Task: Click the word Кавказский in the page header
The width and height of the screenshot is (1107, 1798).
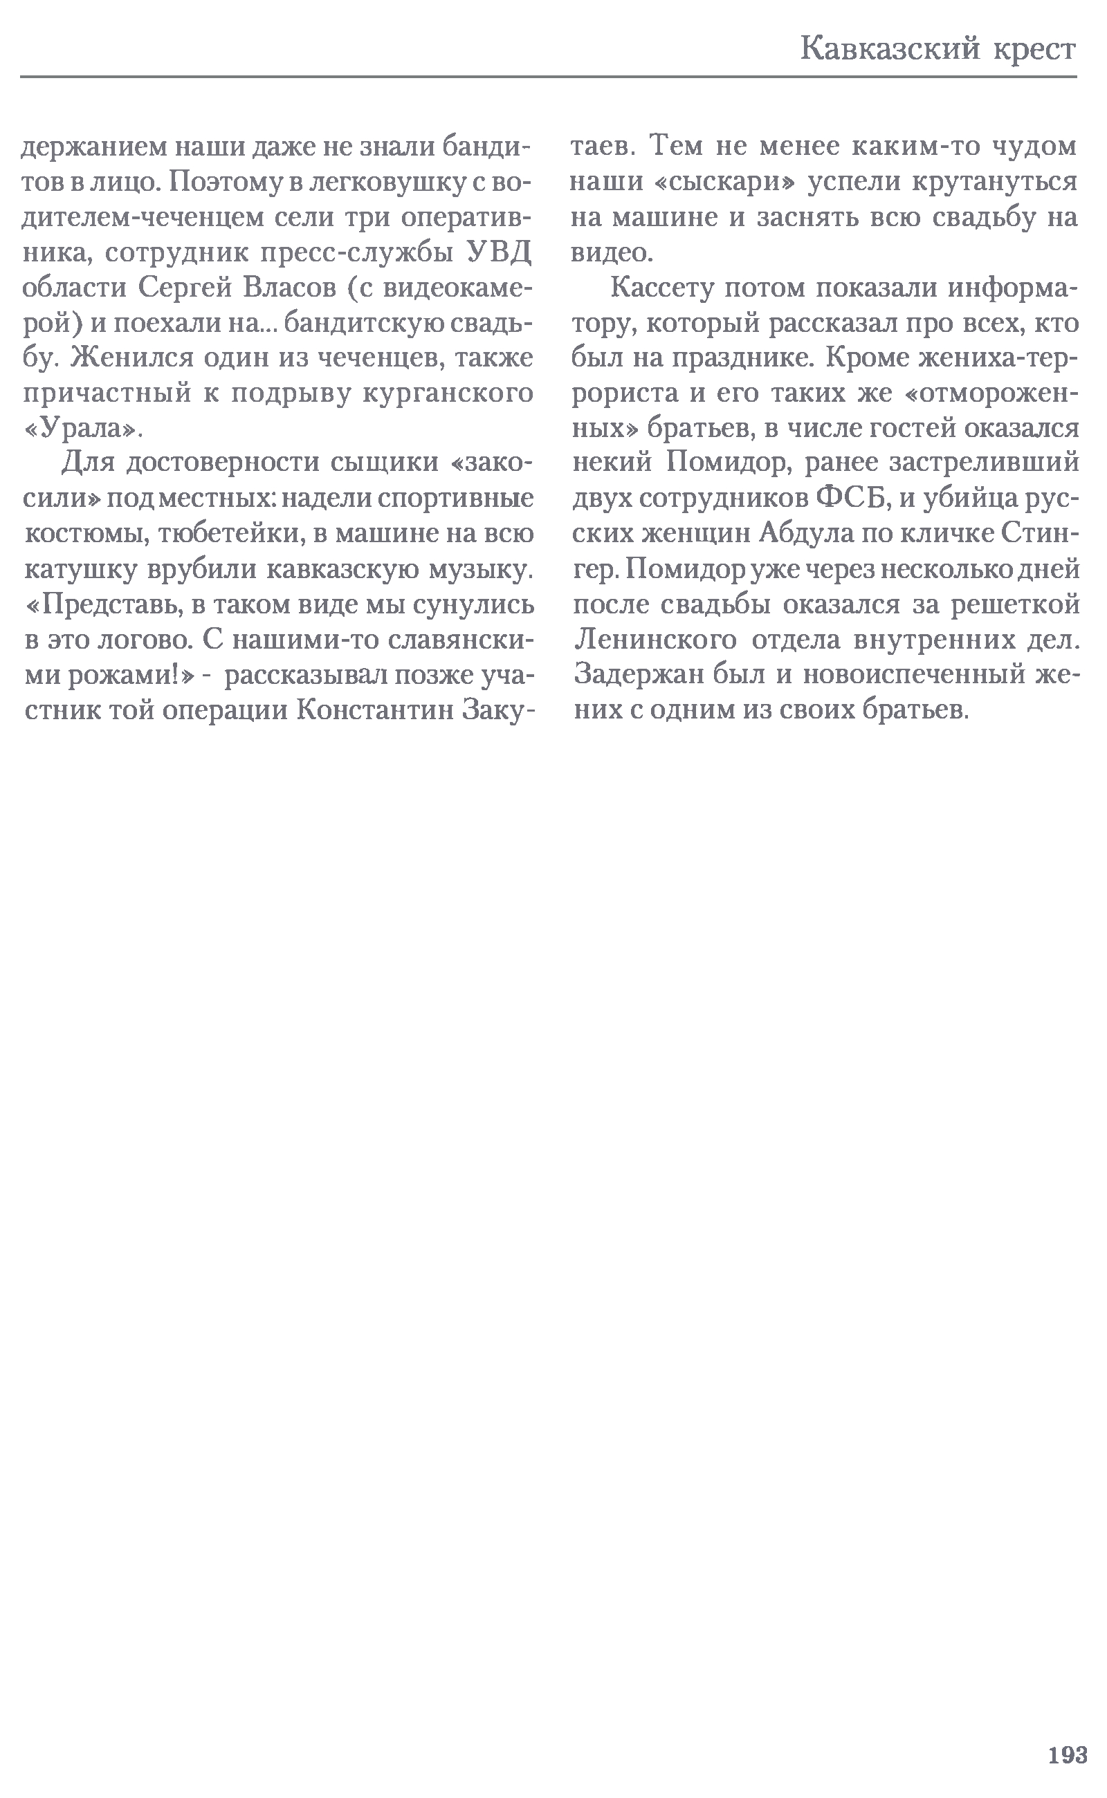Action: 890,50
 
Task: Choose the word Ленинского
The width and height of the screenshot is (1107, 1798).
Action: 655,640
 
